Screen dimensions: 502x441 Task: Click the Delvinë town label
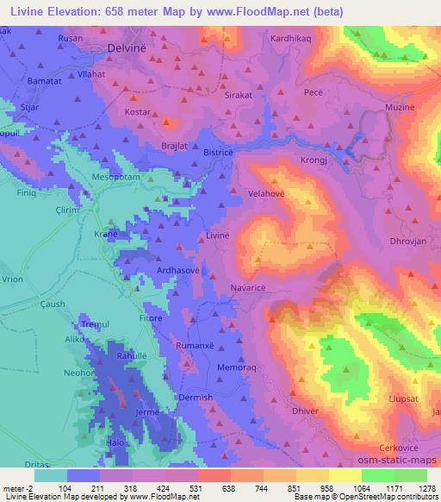[129, 50]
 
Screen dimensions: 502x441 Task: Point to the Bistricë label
[219, 152]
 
